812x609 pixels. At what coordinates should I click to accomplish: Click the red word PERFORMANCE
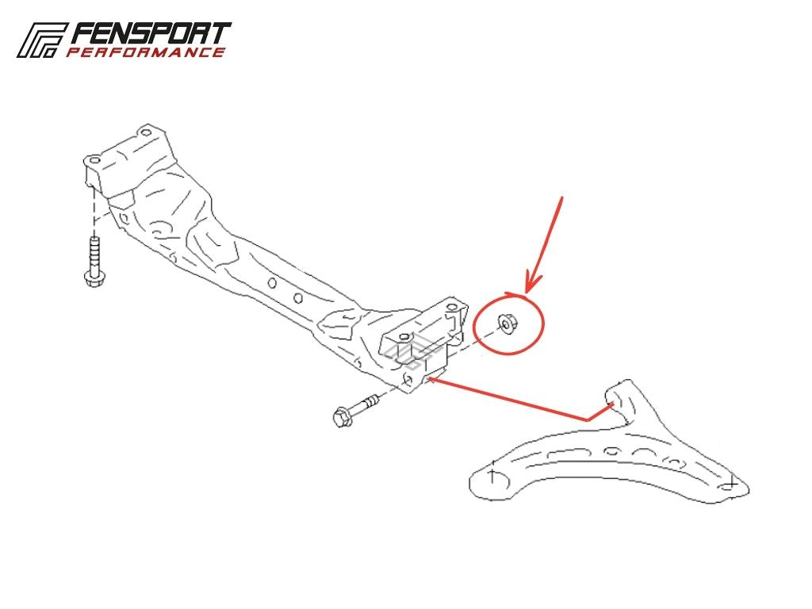146,52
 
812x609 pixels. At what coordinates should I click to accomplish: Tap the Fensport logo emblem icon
41,40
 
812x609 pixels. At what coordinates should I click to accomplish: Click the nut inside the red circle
507,324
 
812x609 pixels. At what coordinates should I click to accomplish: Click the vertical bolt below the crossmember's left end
94,261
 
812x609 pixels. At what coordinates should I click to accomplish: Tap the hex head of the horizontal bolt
343,416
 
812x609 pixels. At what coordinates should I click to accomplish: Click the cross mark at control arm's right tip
730,485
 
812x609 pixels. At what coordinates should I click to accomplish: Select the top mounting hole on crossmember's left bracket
147,132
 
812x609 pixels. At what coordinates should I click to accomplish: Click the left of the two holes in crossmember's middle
271,283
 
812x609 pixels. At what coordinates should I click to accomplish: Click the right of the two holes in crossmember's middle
298,298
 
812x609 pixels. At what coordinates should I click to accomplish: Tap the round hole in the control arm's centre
612,450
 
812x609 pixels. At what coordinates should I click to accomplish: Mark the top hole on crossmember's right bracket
452,307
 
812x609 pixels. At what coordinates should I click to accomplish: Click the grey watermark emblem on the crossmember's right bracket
412,351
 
